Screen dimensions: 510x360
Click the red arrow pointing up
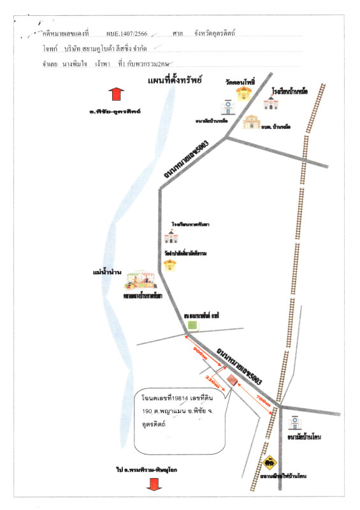coord(115,94)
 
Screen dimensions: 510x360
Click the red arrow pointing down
coord(153,484)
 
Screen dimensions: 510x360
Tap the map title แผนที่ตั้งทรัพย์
coord(174,81)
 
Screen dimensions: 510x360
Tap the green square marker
coord(192,326)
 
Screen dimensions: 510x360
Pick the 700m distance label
coord(263,399)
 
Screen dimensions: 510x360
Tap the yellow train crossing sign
coord(270,460)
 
